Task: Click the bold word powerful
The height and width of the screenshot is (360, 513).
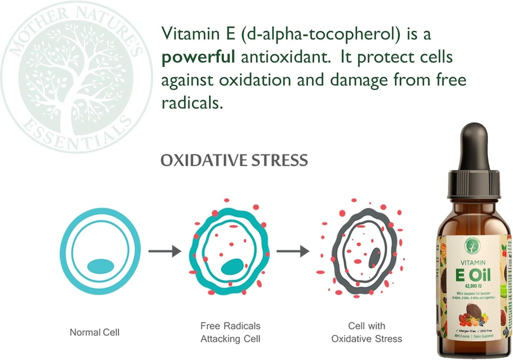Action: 197,58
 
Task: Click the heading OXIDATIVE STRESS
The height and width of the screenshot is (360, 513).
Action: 234,160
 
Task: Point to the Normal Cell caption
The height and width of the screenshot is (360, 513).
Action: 94,332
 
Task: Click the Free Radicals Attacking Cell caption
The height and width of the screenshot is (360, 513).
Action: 230,332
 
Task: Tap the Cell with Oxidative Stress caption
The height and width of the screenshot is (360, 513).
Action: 366,332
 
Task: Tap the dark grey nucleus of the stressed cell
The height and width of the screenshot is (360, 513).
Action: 374,257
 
